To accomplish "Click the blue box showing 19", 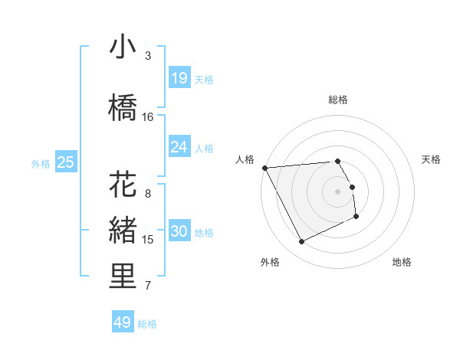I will click(179, 78).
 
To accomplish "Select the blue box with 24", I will click(179, 147).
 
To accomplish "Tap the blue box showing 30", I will click(179, 231).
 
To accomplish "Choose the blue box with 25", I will click(65, 162).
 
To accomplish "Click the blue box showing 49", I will click(123, 322).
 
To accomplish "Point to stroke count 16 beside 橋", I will click(148, 116).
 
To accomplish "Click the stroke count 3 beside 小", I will click(148, 56).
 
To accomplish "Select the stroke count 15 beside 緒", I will click(148, 240).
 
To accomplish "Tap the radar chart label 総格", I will click(338, 100).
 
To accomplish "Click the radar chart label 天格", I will click(432, 159).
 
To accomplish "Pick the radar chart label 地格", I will click(402, 262).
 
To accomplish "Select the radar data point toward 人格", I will click(264, 168).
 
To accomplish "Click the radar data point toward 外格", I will click(301, 242).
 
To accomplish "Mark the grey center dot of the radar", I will click(338, 191).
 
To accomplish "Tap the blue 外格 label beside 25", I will click(41, 163).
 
